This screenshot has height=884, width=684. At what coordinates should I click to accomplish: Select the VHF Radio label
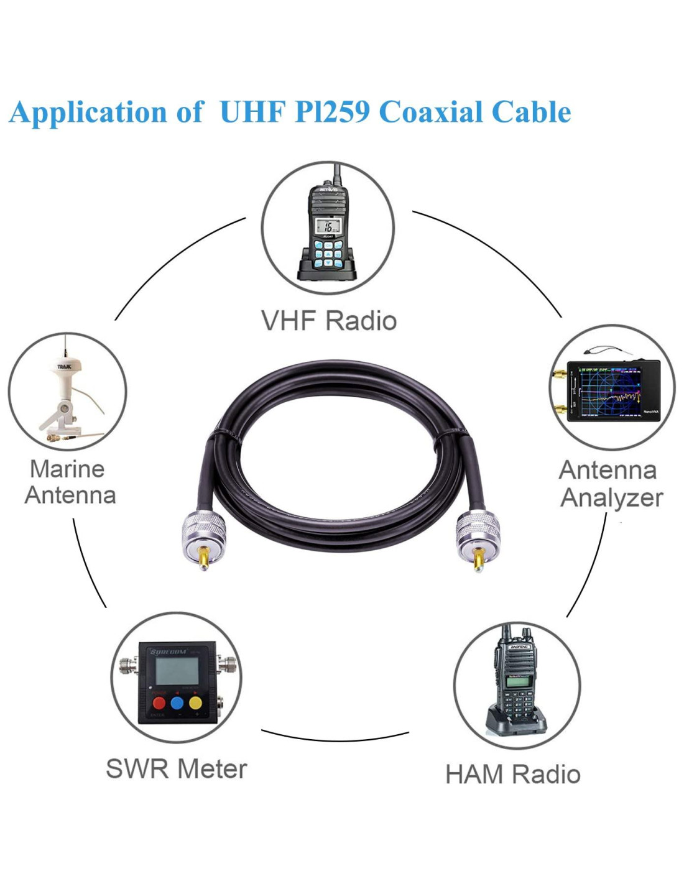(x=328, y=321)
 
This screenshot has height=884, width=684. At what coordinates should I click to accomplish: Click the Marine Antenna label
(x=69, y=482)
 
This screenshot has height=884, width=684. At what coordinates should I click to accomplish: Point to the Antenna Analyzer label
(x=611, y=484)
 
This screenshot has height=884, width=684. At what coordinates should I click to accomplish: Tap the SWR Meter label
(x=176, y=769)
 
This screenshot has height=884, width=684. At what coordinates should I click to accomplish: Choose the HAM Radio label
(x=512, y=775)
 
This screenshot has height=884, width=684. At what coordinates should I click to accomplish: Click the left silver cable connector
(x=200, y=528)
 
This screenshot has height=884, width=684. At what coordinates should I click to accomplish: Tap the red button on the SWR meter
(x=159, y=703)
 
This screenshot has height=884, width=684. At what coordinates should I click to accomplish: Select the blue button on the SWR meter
(x=177, y=703)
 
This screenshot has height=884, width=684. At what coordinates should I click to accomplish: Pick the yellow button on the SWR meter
(x=195, y=703)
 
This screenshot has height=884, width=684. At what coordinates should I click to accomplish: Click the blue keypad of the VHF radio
(x=328, y=254)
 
